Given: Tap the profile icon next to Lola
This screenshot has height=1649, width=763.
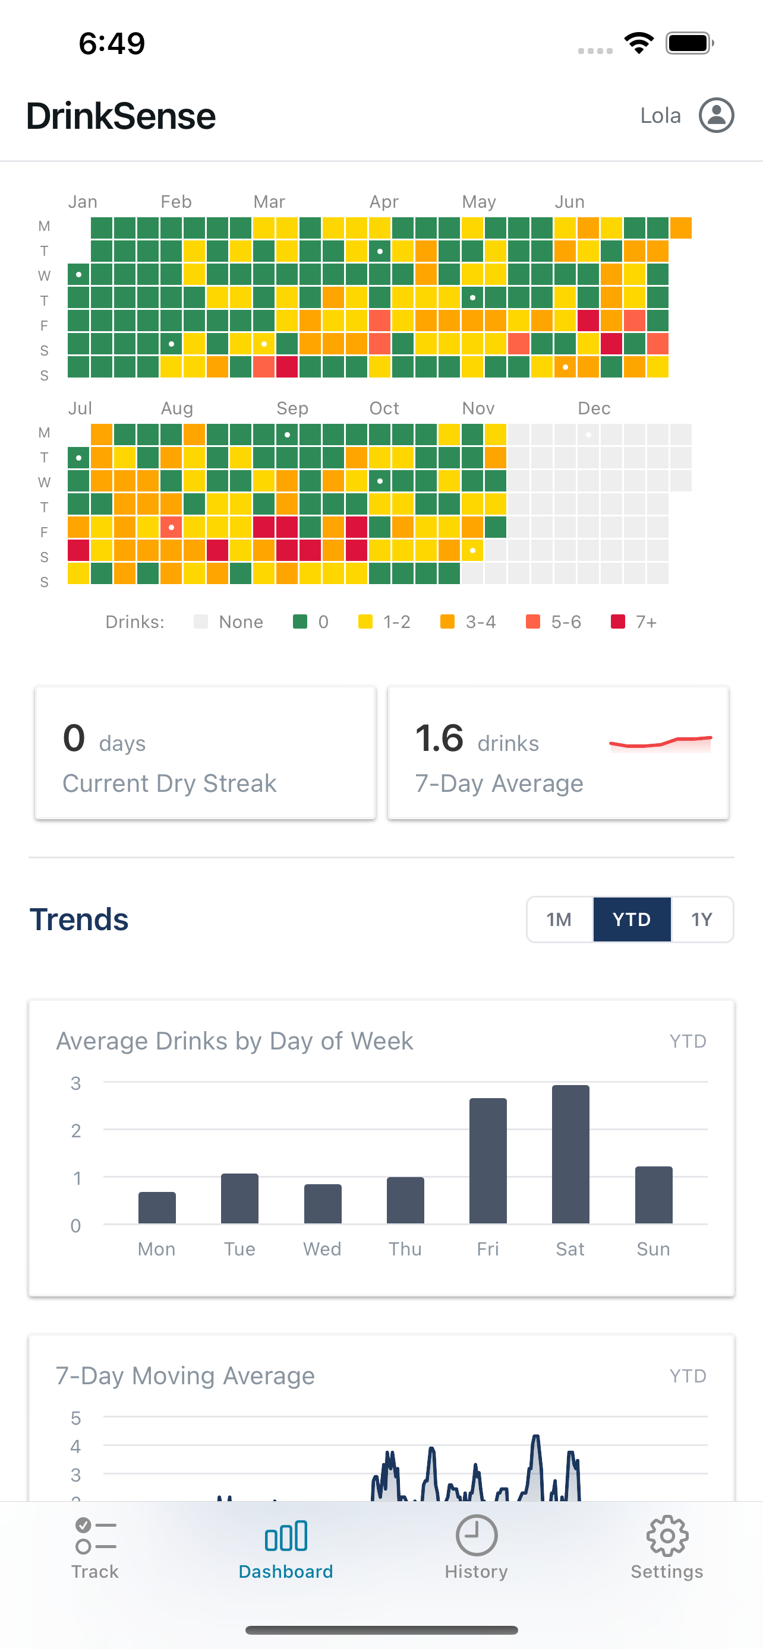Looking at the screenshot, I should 715,115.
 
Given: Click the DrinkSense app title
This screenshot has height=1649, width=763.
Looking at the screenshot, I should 121,116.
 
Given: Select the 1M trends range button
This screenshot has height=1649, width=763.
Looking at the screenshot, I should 559,919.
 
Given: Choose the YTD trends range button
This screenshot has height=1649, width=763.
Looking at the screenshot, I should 632,919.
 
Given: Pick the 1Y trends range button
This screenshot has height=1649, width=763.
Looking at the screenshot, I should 702,919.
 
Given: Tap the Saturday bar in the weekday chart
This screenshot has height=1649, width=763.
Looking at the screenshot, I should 570,1153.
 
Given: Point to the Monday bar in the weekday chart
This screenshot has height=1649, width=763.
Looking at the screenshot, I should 157,1207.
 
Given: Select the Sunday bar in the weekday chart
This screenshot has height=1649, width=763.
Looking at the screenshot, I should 654,1194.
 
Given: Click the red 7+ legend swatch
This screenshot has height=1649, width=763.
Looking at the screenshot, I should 617,621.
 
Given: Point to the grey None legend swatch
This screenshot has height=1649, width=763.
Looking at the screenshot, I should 200,621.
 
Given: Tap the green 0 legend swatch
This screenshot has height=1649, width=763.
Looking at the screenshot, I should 300,621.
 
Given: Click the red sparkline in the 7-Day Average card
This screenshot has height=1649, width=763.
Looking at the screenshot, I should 660,743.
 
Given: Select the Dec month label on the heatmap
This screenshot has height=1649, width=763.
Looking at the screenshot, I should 594,408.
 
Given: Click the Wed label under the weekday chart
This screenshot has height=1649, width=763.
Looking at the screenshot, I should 322,1249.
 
